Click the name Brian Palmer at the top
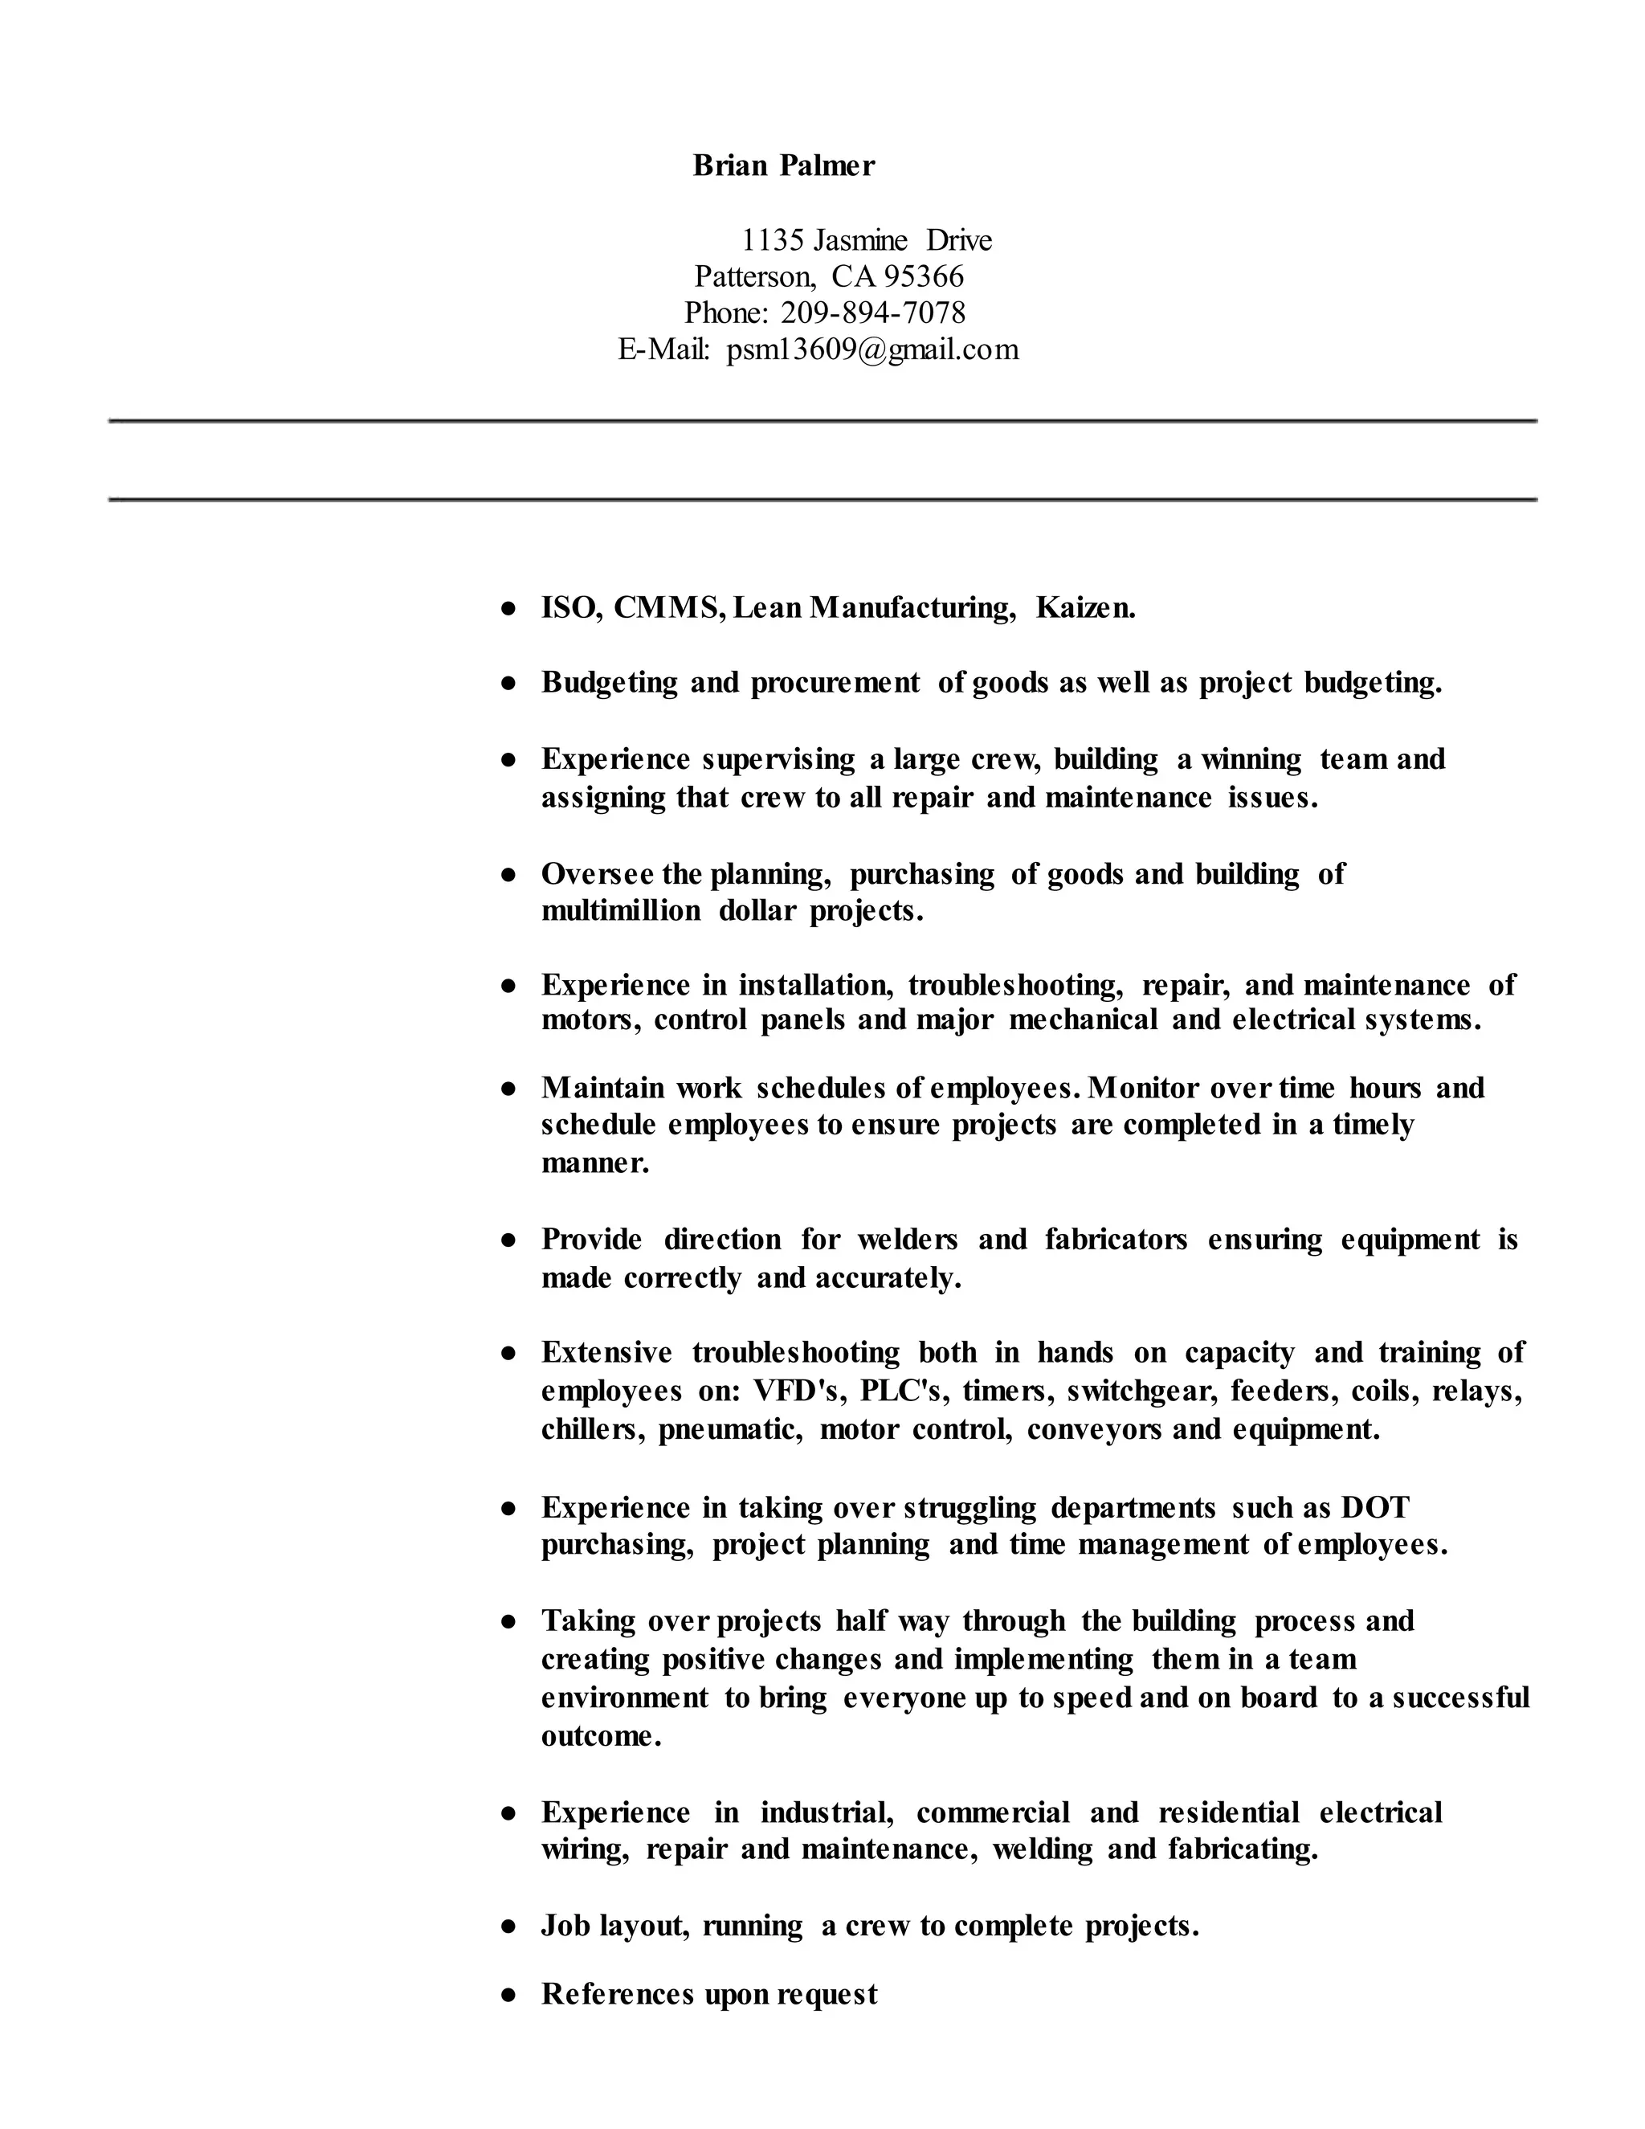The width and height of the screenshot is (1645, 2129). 783,165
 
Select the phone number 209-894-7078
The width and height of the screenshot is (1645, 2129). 873,313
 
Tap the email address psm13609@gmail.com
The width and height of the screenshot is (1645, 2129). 872,349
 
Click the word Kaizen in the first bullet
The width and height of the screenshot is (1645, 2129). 1084,608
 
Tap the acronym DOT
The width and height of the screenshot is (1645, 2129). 1375,1507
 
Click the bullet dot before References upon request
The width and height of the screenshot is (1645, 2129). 508,1996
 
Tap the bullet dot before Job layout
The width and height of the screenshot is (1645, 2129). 508,1927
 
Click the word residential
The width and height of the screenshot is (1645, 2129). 1228,1812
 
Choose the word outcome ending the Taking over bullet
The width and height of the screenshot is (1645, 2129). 600,1736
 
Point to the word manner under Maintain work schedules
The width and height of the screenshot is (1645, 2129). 594,1163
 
